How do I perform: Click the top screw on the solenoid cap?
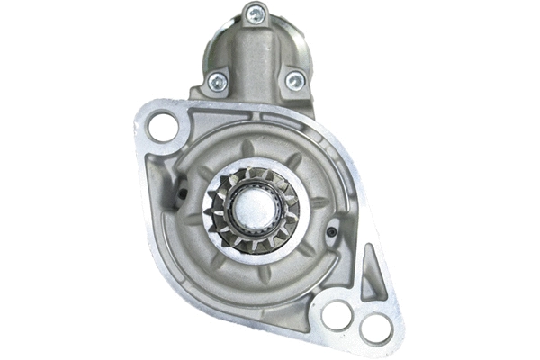coord(256,13)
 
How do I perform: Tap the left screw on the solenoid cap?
coord(217,81)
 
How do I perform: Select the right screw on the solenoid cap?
coord(294,81)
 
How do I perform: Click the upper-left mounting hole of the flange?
coord(163,126)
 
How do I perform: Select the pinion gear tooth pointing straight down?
coord(256,247)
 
